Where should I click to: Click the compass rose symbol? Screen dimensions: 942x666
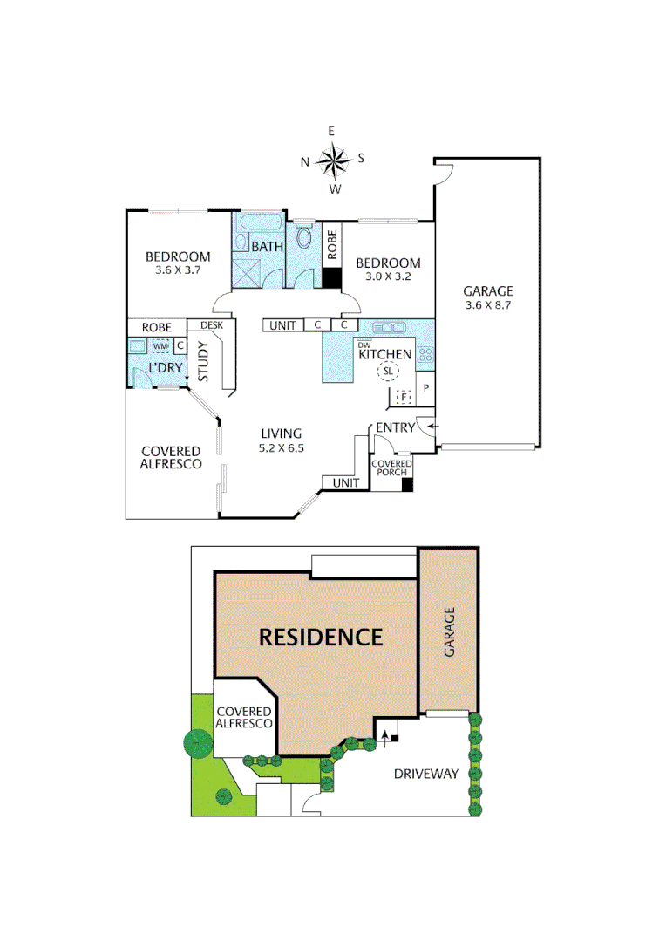point(332,160)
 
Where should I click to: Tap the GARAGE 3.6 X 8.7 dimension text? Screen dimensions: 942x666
point(487,305)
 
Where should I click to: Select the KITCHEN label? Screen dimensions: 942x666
point(384,354)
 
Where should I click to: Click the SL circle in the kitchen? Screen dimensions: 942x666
point(386,372)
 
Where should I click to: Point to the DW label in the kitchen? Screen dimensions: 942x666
point(364,345)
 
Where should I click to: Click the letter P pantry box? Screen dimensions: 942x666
point(426,387)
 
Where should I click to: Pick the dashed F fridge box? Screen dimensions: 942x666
point(403,398)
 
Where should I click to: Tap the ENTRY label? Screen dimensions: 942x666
point(395,427)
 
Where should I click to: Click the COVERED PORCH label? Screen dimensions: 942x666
point(386,468)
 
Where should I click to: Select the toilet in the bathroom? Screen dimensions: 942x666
point(304,237)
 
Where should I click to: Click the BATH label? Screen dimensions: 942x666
point(268,247)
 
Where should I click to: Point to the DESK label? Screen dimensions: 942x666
point(212,325)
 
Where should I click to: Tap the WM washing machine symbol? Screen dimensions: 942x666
point(161,345)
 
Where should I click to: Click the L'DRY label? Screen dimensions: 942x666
point(166,368)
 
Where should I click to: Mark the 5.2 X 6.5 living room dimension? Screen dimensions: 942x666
point(280,448)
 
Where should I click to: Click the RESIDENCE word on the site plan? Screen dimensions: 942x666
point(321,637)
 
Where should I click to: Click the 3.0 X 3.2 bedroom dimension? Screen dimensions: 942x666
point(388,276)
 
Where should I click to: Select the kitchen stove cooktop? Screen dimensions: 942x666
point(425,354)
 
